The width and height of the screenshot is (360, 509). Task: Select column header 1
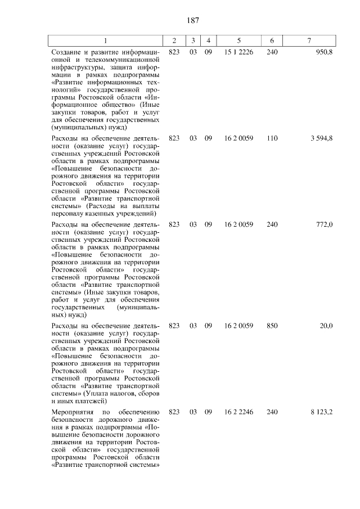tap(105, 40)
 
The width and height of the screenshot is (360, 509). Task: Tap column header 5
tap(239, 40)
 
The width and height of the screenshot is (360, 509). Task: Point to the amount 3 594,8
tap(321, 137)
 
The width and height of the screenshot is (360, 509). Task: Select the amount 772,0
tap(325, 224)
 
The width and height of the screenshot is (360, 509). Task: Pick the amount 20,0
tap(326, 326)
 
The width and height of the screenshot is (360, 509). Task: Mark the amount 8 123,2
tap(321, 412)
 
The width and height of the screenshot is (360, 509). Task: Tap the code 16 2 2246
tap(239, 412)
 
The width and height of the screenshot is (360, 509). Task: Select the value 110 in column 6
tap(272, 137)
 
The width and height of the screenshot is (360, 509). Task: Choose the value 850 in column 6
tap(272, 326)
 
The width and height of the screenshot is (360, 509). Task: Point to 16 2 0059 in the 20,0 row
tap(239, 326)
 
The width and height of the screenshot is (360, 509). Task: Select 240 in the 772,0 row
tap(272, 224)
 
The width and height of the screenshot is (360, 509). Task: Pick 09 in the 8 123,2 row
tap(208, 412)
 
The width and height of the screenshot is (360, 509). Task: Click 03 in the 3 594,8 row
tap(193, 137)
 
